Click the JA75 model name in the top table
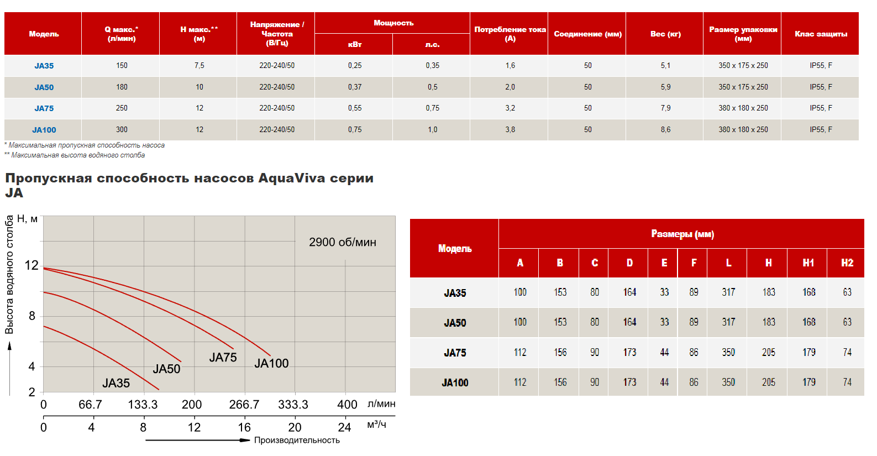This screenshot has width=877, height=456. (x=44, y=108)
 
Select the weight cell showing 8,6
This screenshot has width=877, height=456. (x=665, y=130)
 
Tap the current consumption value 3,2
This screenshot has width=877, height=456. (x=510, y=108)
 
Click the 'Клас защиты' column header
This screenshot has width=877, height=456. (x=821, y=34)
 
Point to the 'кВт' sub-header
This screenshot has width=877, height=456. (x=354, y=44)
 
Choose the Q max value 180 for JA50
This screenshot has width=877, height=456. (x=122, y=87)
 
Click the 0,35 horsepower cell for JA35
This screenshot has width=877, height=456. (x=432, y=66)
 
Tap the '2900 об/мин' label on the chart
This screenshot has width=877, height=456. (x=343, y=242)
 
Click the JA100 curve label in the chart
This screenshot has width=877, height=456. (x=271, y=363)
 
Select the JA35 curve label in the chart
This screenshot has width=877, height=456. (x=116, y=383)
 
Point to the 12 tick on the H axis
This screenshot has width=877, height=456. (x=31, y=265)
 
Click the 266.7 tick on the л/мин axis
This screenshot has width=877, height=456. (x=244, y=405)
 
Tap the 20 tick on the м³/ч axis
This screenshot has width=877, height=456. (x=295, y=427)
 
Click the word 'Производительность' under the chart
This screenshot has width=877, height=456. (x=297, y=441)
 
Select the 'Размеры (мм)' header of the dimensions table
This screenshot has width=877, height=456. (x=682, y=234)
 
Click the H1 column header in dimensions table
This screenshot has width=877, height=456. (x=808, y=263)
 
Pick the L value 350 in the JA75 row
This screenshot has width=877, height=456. (x=728, y=353)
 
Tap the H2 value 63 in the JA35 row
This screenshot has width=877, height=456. (x=847, y=292)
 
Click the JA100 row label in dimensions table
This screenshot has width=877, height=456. (x=455, y=382)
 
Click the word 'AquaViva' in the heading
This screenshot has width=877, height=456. (x=291, y=178)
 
